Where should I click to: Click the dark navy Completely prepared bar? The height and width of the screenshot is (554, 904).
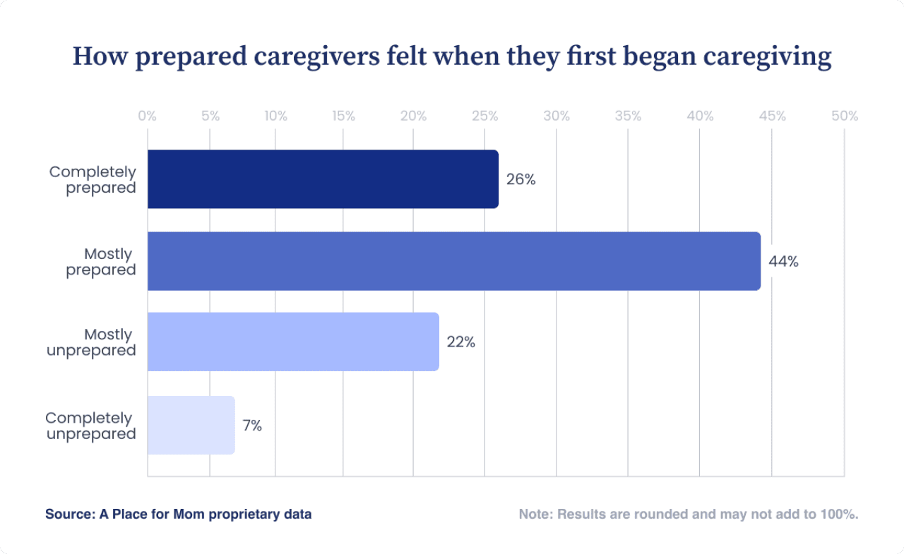323,179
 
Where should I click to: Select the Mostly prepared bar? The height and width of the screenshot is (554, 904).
453,261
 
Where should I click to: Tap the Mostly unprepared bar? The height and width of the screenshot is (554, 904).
293,342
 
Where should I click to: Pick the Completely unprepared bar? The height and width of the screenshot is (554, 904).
191,425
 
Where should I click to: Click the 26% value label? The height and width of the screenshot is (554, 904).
521,179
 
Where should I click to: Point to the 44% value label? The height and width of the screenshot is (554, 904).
783,262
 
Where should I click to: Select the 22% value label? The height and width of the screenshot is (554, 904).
461,342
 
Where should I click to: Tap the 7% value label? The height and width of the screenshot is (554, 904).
252,426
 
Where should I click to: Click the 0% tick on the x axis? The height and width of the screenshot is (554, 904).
147,116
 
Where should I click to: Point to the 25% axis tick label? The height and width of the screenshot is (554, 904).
484,116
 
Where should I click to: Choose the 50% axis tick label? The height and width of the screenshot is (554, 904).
844,116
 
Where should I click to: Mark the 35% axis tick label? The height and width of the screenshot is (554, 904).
628,116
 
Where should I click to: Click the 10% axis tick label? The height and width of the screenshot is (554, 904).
275,116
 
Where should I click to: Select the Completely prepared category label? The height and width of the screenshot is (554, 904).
93,180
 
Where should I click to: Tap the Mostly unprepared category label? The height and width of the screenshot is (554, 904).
91,342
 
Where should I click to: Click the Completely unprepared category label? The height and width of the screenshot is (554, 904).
90,426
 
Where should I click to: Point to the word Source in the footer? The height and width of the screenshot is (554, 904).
67,514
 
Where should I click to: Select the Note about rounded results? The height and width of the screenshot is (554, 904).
689,514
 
